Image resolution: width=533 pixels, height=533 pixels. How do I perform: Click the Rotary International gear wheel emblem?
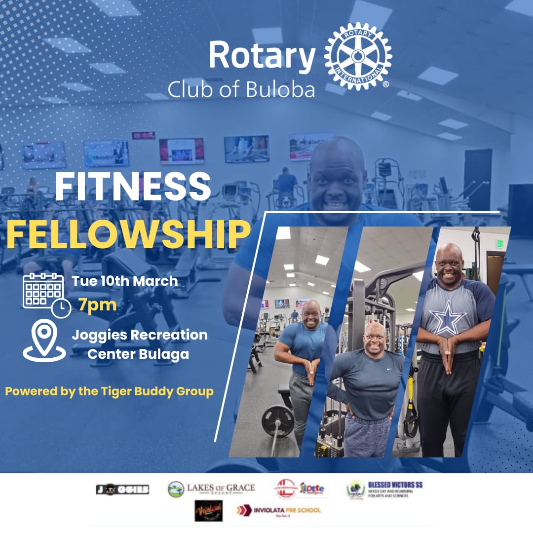tap(358, 57)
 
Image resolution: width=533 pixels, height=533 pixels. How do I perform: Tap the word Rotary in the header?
tap(262, 56)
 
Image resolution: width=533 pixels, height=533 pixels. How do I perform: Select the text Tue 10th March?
tap(125, 281)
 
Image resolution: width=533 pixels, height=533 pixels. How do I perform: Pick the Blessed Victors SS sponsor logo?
tap(385, 489)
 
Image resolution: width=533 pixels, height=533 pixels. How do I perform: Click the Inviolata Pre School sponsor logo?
tap(279, 510)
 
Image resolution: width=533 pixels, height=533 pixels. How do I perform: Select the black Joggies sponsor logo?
tap(122, 490)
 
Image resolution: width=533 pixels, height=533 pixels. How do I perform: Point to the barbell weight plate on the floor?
tap(278, 420)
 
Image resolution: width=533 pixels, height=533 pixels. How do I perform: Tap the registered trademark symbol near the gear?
tap(386, 84)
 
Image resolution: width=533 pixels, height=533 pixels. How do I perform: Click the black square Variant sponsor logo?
tap(208, 510)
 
